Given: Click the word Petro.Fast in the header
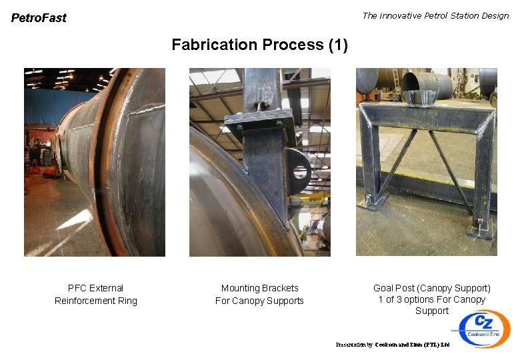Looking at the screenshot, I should click(39, 18).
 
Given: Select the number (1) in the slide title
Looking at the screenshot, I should click(338, 45).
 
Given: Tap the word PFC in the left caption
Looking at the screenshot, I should click(77, 288).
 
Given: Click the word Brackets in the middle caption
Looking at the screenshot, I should click(280, 288).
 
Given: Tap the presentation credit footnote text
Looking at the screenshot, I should click(393, 345).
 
